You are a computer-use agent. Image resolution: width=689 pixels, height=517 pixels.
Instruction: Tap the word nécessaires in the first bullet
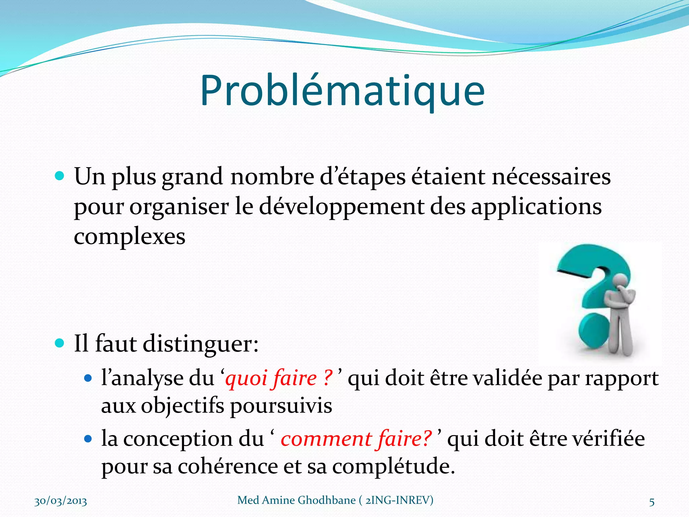point(551,177)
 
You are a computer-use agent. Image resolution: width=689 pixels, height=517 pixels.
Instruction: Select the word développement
point(341,207)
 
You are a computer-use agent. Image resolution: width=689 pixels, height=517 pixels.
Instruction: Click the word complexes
point(130,237)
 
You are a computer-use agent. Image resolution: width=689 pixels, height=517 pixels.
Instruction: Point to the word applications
point(536,207)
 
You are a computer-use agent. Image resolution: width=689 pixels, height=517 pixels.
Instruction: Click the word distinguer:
point(201,344)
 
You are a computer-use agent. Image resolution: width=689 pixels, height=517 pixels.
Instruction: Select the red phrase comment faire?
point(356,439)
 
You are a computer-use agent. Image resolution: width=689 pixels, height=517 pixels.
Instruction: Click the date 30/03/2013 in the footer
point(61,501)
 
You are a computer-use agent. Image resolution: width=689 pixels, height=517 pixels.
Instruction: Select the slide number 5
point(652,502)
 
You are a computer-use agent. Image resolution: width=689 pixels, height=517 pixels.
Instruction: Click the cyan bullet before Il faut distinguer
point(59,343)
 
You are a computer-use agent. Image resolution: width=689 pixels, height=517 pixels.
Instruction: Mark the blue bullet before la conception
point(88,439)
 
